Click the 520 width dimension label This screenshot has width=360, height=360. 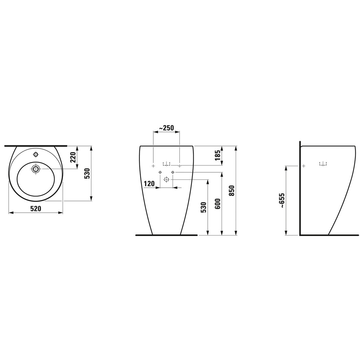36,208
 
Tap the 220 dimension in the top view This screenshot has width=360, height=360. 73,157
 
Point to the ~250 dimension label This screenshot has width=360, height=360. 166,128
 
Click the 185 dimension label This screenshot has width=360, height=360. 218,155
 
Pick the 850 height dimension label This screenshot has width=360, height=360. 232,190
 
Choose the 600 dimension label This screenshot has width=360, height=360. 218,204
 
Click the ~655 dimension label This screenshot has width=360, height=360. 282,200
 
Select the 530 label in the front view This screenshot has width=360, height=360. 204,207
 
